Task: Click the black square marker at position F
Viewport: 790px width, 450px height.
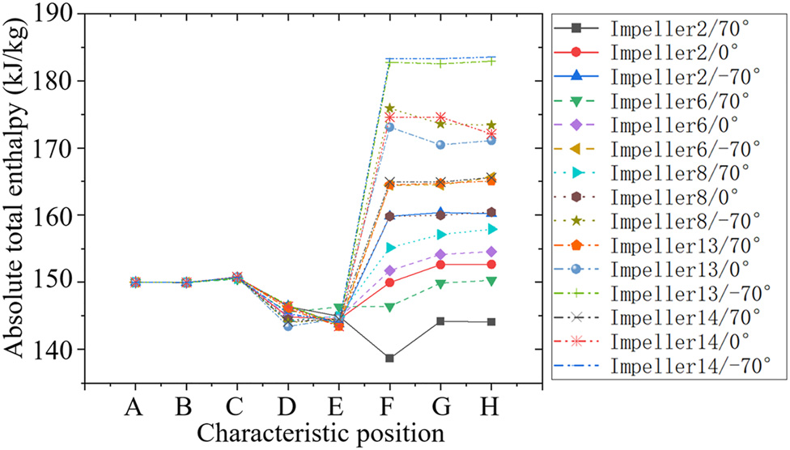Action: pyautogui.click(x=389, y=359)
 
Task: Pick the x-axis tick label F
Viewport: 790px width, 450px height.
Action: pyautogui.click(x=389, y=410)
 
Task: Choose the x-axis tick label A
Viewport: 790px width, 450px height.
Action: pyautogui.click(x=134, y=410)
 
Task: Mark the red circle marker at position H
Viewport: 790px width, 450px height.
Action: pyautogui.click(x=491, y=265)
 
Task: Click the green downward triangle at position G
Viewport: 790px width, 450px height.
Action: pyautogui.click(x=440, y=284)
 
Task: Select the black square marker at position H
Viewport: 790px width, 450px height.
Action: pyautogui.click(x=491, y=322)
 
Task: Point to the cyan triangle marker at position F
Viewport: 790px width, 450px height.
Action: pyautogui.click(x=389, y=248)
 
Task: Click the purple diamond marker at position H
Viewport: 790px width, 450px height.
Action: pyautogui.click(x=491, y=252)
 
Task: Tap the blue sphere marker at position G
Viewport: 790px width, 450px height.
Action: pyautogui.click(x=440, y=145)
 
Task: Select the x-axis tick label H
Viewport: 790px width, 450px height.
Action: pyautogui.click(x=491, y=410)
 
